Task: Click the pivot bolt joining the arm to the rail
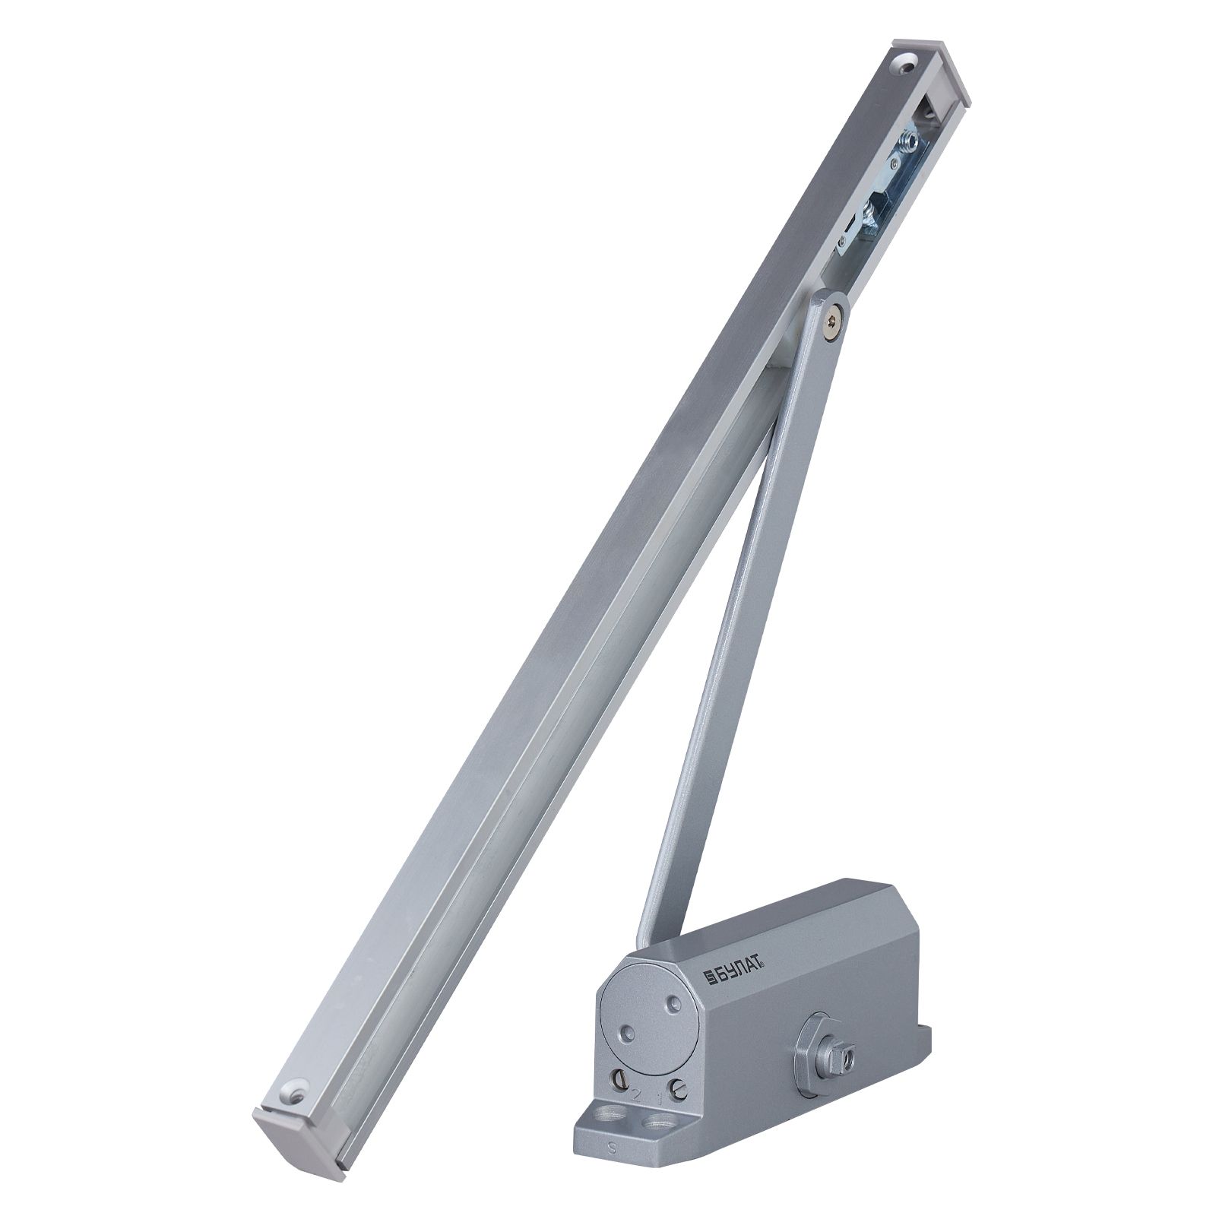(x=838, y=321)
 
